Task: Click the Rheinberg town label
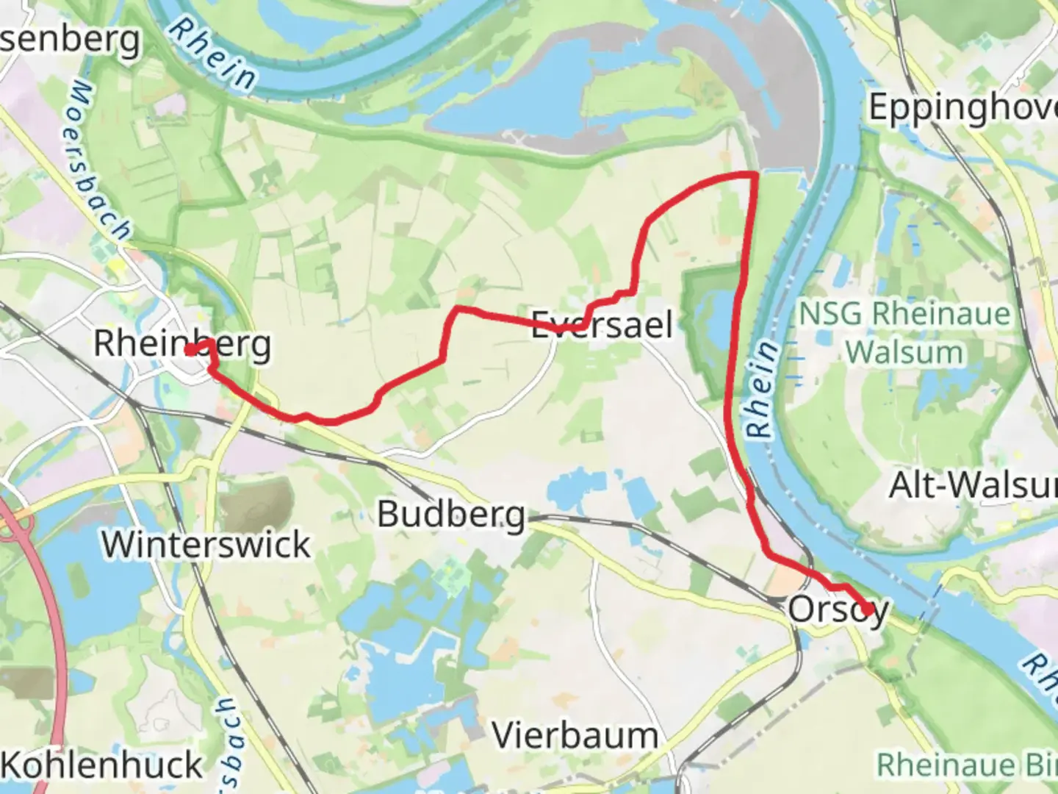(x=182, y=343)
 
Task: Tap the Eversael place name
(x=602, y=324)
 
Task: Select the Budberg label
(x=451, y=515)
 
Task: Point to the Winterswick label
(x=206, y=545)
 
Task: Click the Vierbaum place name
(x=575, y=735)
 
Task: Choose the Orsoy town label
(x=838, y=609)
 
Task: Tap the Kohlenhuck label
(x=103, y=765)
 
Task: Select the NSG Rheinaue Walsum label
(x=904, y=333)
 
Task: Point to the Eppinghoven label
(x=963, y=107)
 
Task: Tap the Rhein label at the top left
(x=212, y=55)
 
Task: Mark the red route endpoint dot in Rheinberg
(x=190, y=350)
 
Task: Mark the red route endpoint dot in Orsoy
(x=868, y=609)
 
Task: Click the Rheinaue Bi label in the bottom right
(x=967, y=765)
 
